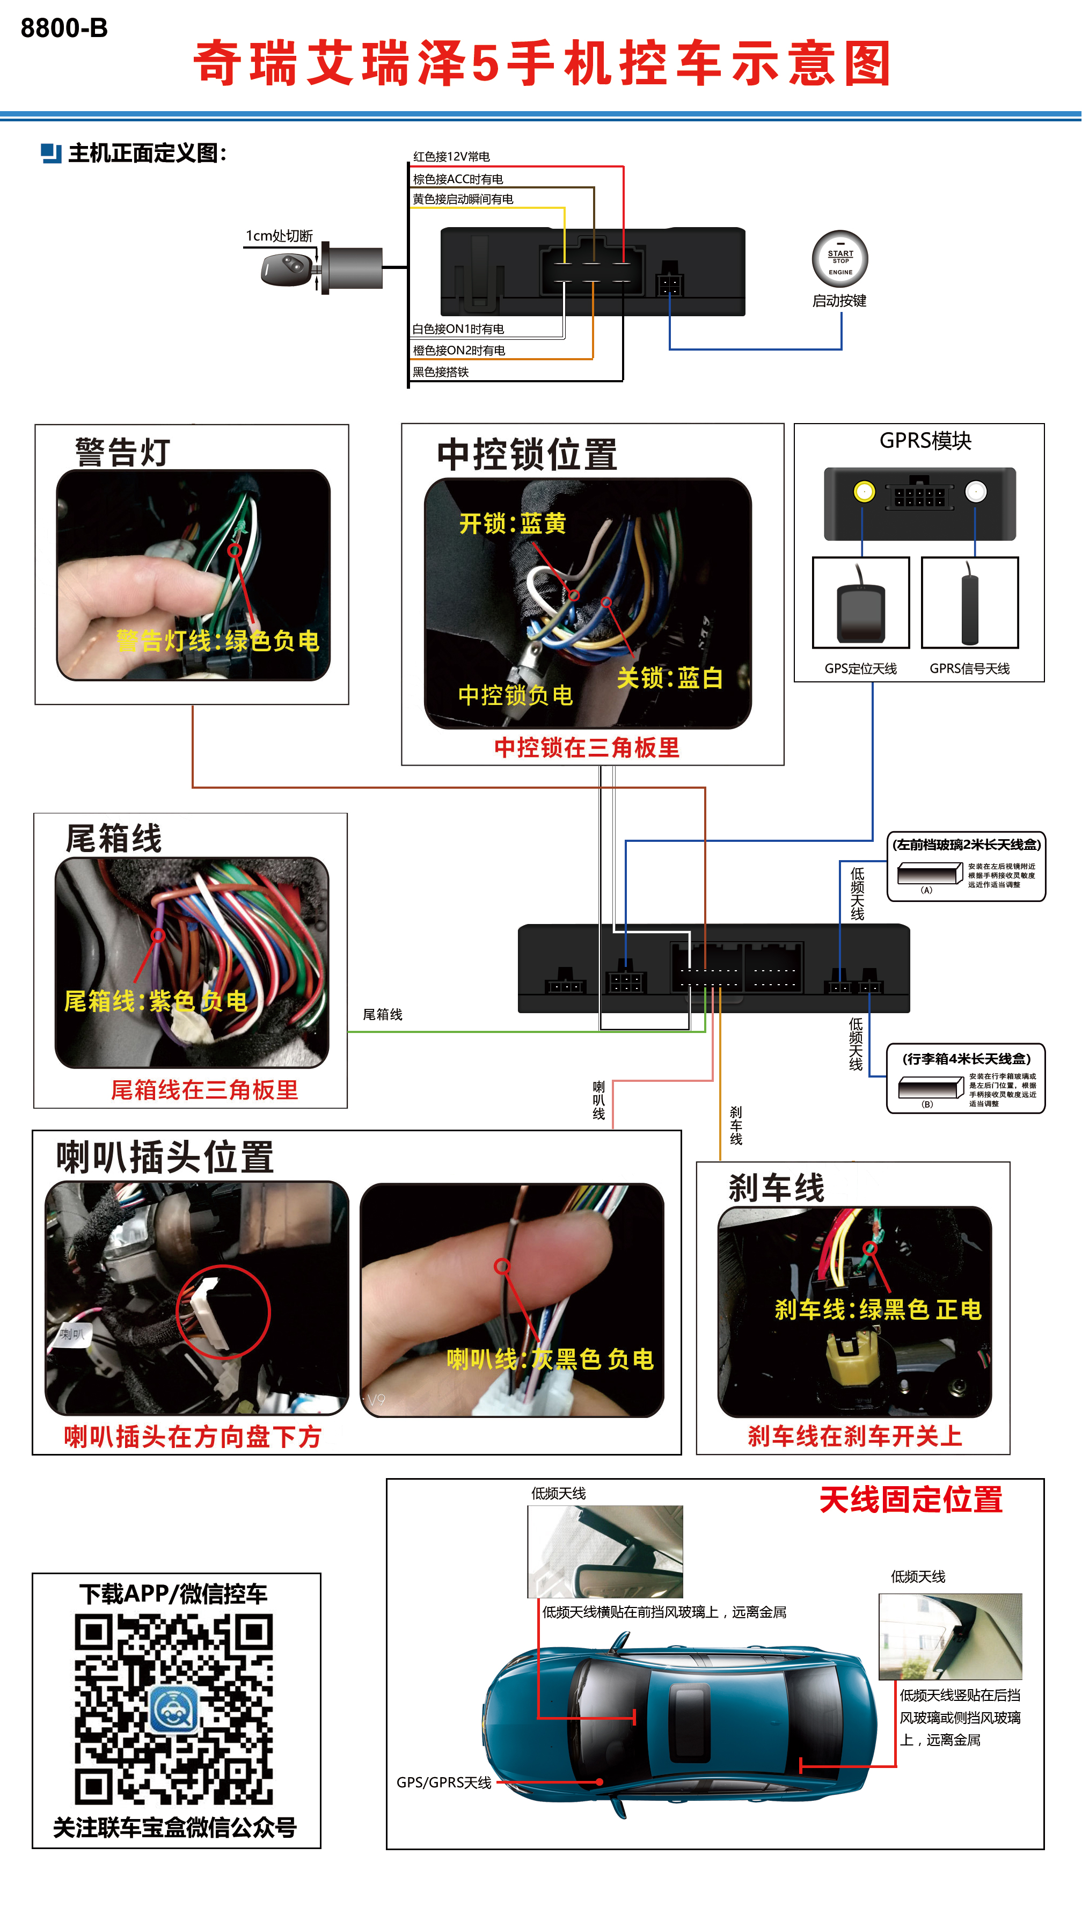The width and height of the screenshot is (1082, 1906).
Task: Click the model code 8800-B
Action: [x=64, y=28]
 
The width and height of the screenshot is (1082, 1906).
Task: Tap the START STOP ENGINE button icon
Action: [x=840, y=259]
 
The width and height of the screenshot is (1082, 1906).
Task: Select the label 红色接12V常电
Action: [x=451, y=157]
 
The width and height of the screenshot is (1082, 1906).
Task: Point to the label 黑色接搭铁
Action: [x=441, y=372]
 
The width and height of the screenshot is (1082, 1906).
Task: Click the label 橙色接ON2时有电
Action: [x=458, y=350]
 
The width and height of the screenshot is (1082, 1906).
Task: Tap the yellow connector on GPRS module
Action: [x=864, y=491]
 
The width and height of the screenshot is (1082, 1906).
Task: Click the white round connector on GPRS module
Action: [x=975, y=491]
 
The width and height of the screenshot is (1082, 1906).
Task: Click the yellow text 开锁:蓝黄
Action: [x=513, y=523]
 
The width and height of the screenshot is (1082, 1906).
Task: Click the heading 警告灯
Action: [x=122, y=452]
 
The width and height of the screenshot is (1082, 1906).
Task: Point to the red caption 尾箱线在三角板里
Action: [x=204, y=1090]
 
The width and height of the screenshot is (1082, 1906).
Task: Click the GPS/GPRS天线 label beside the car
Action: [x=444, y=1783]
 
